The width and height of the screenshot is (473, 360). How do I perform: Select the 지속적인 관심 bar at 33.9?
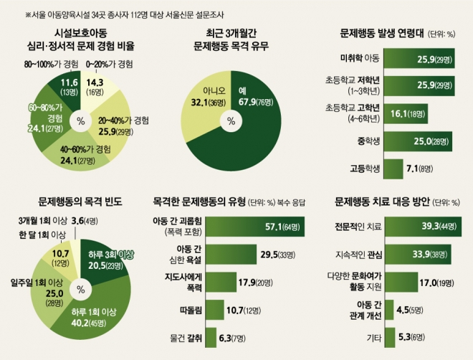point(412,254)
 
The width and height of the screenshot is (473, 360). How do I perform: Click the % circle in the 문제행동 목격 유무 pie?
point(231,121)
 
